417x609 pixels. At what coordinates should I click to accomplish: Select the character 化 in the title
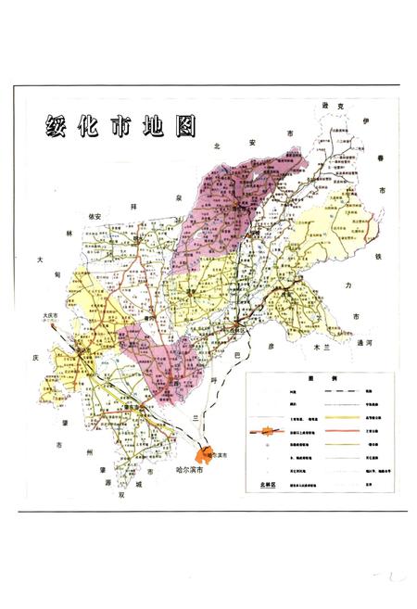point(90,127)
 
